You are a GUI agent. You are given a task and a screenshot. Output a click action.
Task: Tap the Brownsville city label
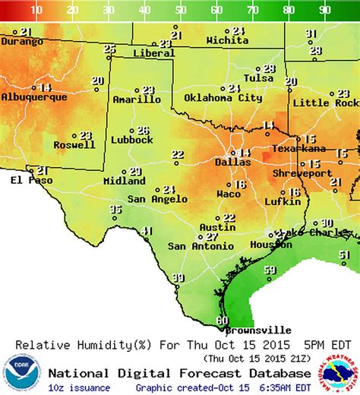pyautogui.click(x=261, y=330)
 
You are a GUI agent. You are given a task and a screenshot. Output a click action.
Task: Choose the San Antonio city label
pyautogui.click(x=197, y=246)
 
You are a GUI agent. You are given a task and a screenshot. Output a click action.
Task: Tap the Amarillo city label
pyautogui.click(x=137, y=100)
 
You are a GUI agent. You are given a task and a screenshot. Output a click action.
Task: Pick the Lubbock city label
pyautogui.click(x=132, y=140)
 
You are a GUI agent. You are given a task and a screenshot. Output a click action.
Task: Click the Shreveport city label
pyautogui.click(x=305, y=173)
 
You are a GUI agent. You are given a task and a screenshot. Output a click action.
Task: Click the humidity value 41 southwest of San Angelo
pyautogui.click(x=147, y=232)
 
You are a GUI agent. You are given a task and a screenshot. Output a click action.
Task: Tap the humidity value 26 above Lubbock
pyautogui.click(x=143, y=130)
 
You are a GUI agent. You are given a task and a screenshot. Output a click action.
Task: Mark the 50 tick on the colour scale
pyautogui.click(x=180, y=10)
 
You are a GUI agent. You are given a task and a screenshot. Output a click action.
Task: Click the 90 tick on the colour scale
pyautogui.click(x=324, y=10)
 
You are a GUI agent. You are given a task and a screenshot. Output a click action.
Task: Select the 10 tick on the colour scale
pyautogui.click(x=36, y=10)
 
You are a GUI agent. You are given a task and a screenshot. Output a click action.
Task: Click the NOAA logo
pyautogui.click(x=21, y=373)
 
